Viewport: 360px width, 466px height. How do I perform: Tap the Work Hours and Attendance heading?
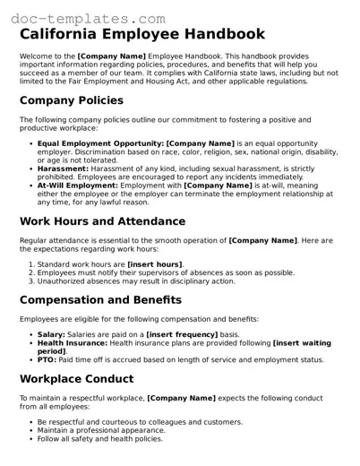(102, 221)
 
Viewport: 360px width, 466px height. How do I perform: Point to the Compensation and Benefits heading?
(99, 299)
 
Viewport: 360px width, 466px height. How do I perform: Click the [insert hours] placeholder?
(155, 264)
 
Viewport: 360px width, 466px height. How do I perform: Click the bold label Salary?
(51, 334)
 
